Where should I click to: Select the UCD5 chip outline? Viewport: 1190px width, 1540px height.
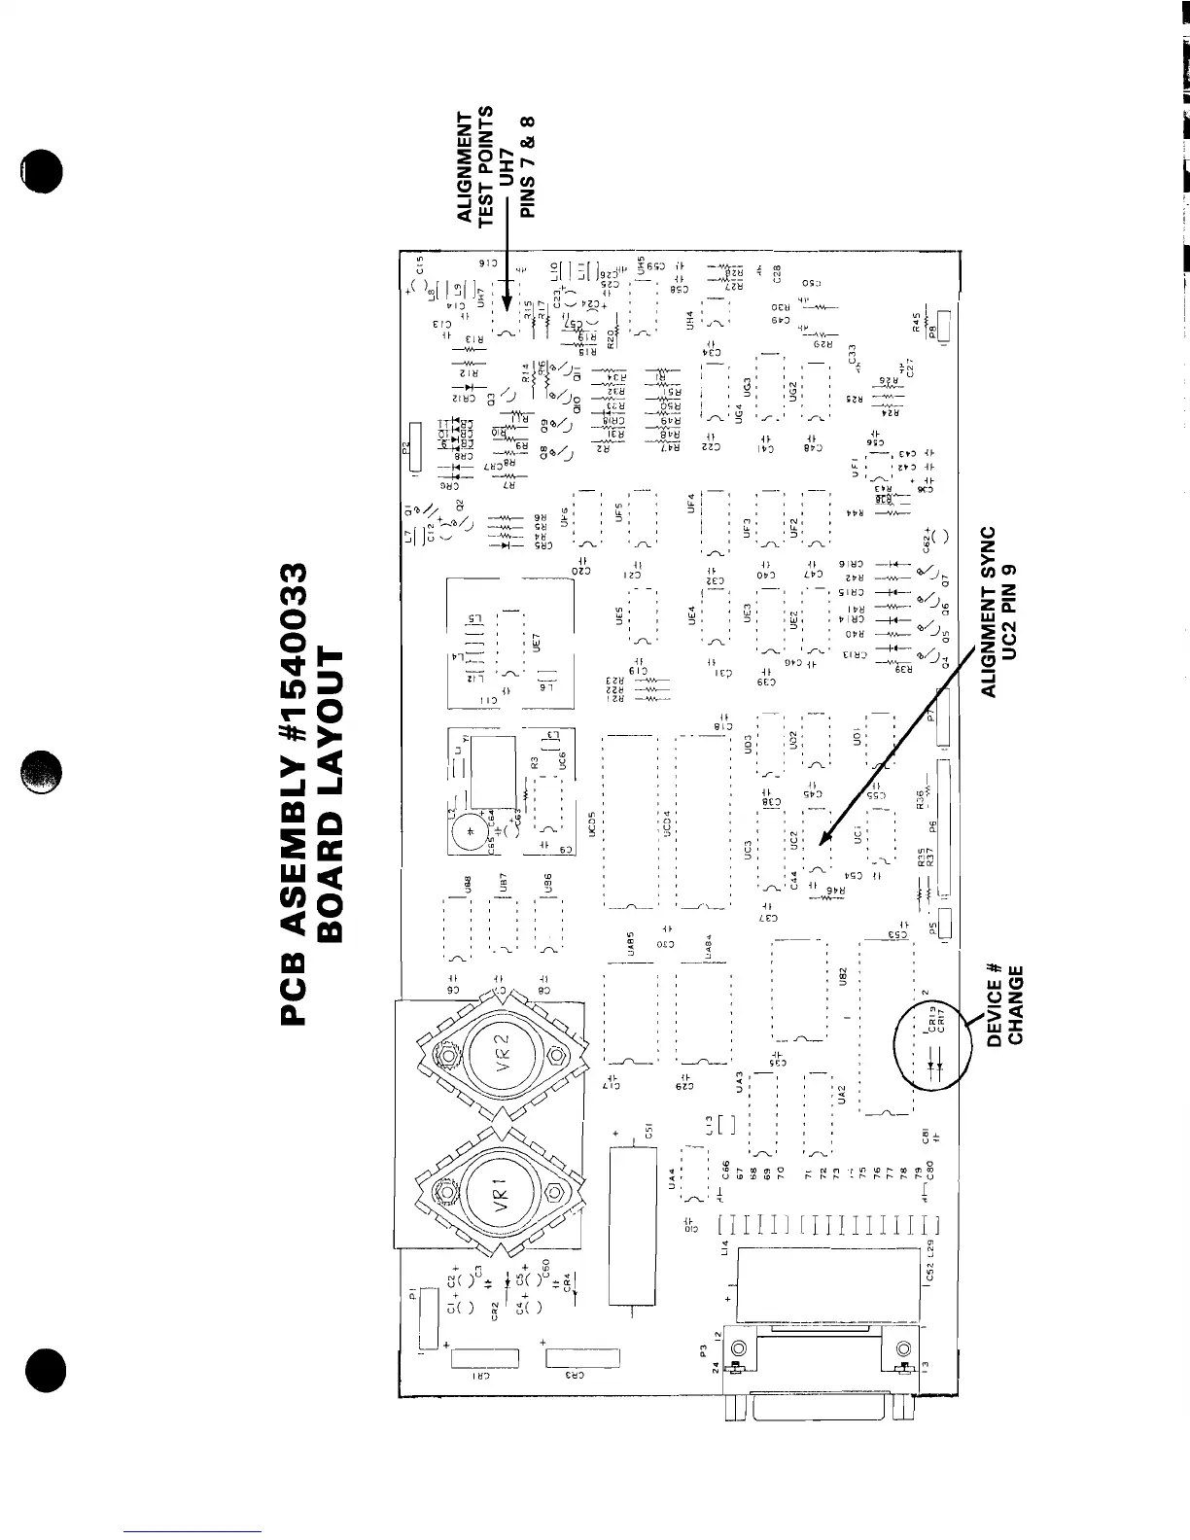[631, 822]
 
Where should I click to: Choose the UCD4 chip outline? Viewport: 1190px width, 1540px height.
[703, 822]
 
